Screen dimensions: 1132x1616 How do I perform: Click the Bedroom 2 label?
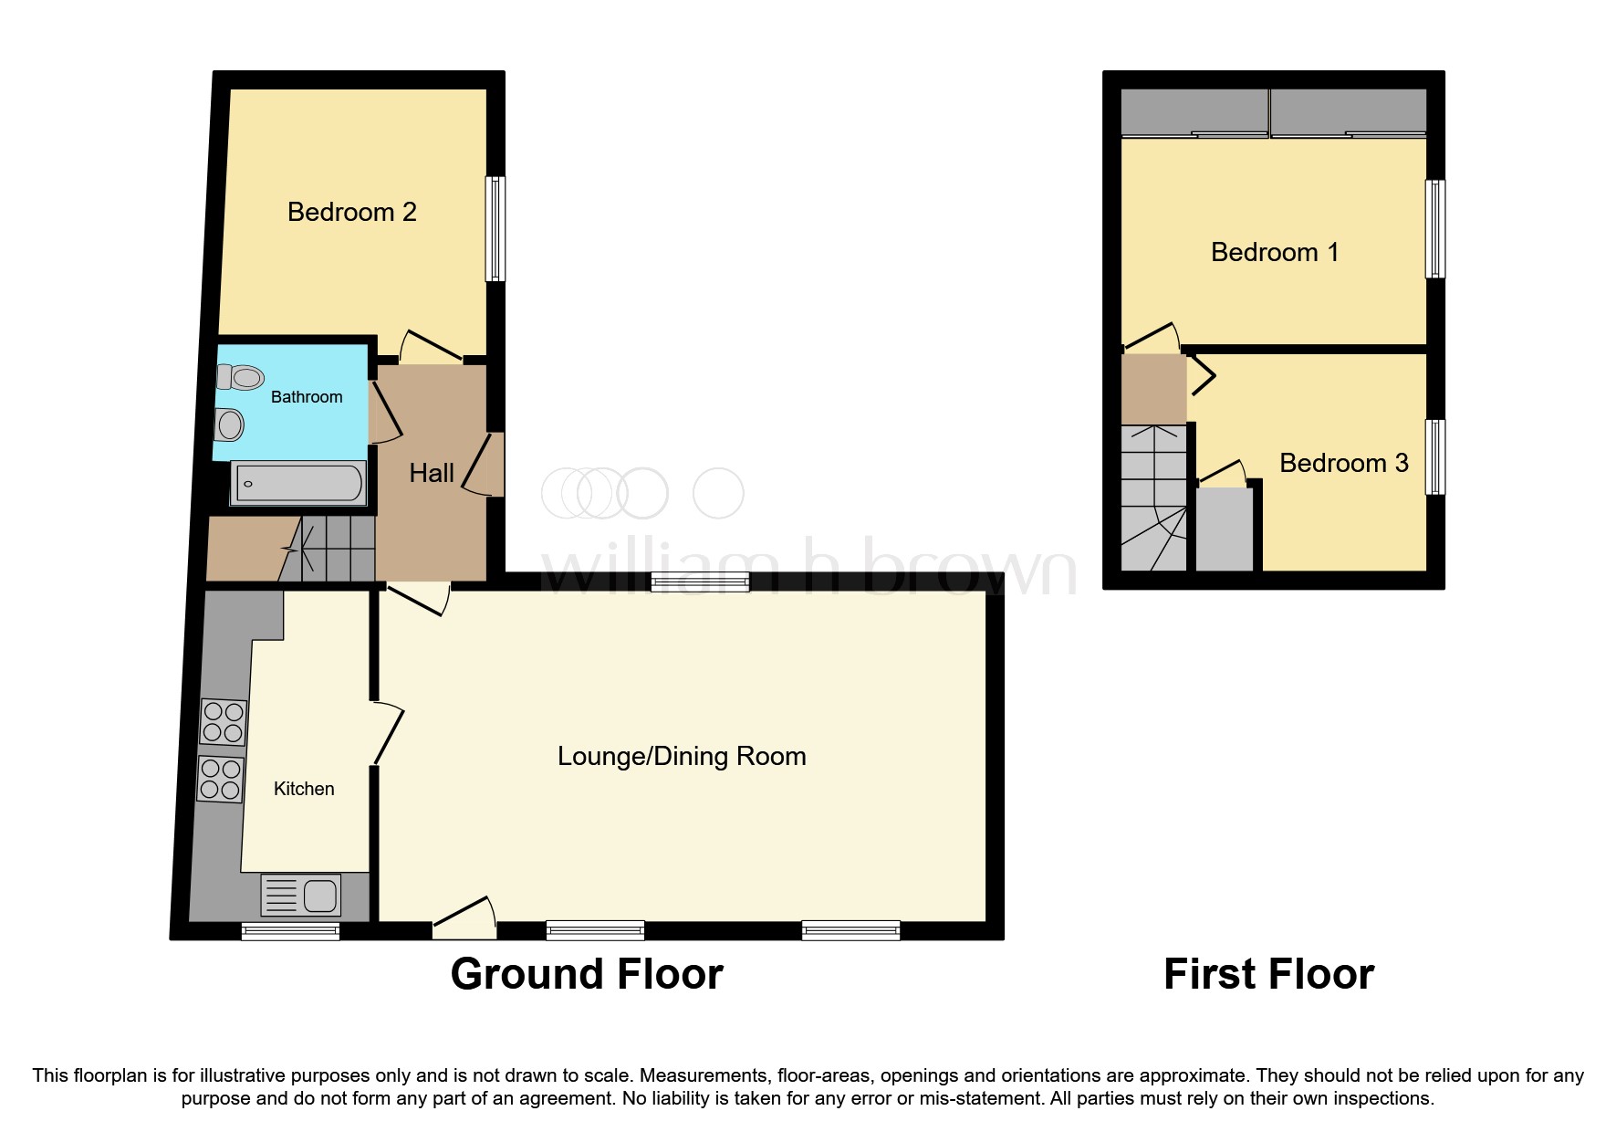[x=351, y=212]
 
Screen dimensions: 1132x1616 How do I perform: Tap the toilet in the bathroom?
[x=242, y=376]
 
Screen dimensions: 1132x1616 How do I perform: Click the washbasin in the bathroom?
[x=230, y=424]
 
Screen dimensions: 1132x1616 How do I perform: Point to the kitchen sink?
[x=301, y=895]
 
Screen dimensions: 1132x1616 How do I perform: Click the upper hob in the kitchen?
[x=223, y=721]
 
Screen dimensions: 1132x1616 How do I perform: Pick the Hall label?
[x=431, y=473]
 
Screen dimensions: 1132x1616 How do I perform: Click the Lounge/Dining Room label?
[x=682, y=756]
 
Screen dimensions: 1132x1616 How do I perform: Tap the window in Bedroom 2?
[x=495, y=228]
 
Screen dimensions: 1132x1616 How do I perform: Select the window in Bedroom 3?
[x=1435, y=456]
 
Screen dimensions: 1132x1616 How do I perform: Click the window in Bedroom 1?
[x=1435, y=228]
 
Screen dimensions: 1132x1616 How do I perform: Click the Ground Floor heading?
[x=587, y=974]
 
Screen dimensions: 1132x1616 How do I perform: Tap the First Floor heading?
[x=1268, y=974]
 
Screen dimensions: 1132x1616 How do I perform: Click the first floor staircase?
[x=1153, y=498]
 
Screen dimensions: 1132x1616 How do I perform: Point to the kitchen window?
[x=290, y=931]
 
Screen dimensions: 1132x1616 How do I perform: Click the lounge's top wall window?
[x=700, y=582]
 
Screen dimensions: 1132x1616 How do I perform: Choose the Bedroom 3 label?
[x=1343, y=463]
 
